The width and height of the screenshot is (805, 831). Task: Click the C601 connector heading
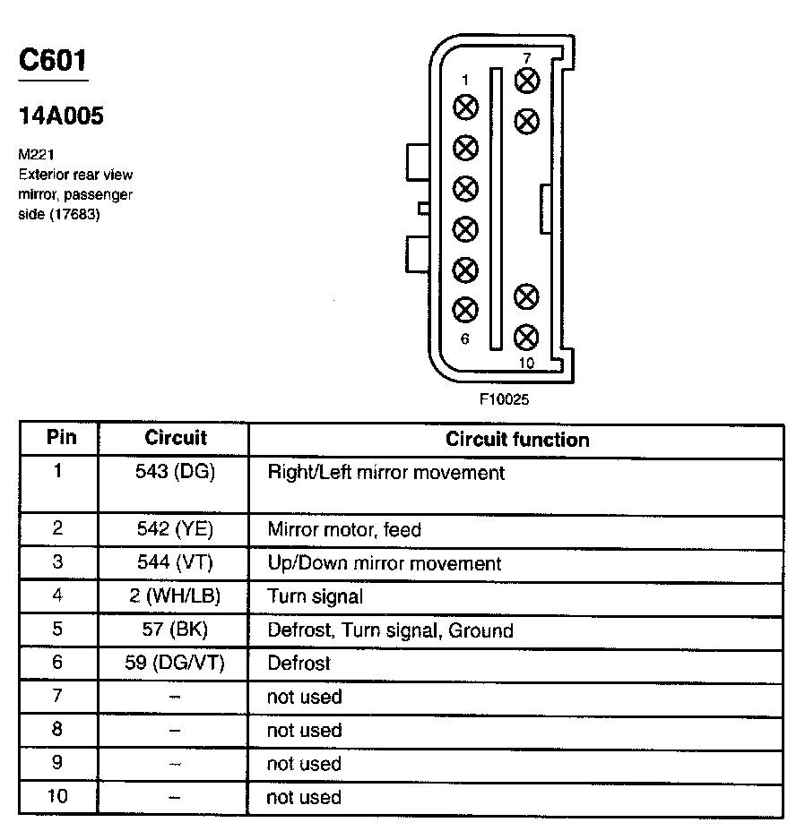54,62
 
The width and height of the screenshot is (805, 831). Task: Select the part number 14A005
61,116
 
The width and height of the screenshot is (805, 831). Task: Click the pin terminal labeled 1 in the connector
465,107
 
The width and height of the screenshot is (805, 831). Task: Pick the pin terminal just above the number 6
465,310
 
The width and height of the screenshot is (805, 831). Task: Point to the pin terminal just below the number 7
527,79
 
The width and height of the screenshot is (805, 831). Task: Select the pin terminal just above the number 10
527,337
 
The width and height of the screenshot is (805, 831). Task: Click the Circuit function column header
517,440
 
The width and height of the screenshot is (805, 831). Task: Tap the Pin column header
60,438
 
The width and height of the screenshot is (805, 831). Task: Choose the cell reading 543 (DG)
175,472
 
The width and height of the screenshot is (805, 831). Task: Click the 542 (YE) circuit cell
174,529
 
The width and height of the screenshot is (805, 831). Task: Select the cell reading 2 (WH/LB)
174,596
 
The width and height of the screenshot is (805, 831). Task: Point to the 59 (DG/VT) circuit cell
174,664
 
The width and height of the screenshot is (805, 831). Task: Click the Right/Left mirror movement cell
385,472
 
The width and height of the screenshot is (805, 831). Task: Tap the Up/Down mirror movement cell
384,563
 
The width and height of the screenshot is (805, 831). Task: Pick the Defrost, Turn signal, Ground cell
390,630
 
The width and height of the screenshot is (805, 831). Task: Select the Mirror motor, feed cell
344,529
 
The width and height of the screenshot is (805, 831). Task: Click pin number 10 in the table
57,797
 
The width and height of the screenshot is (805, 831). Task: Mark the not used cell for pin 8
304,731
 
